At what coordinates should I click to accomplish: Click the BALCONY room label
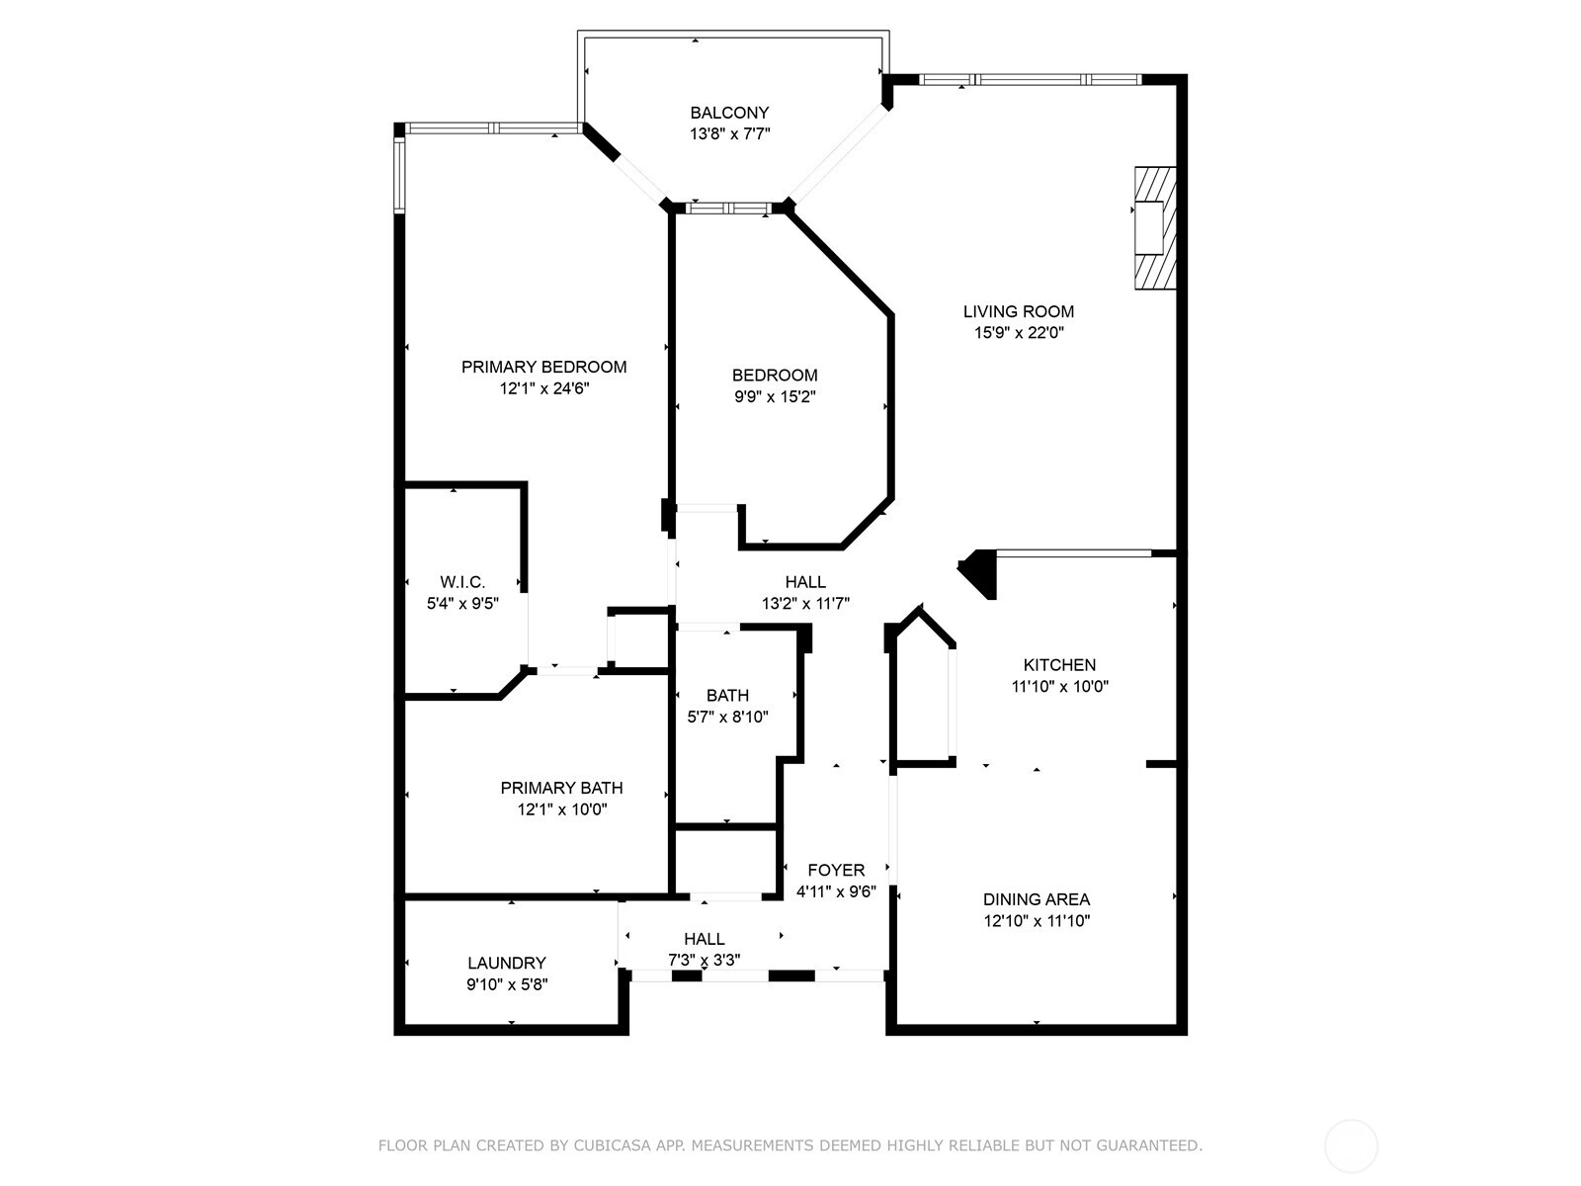pos(729,113)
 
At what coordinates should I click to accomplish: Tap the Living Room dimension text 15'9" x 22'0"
pos(1018,333)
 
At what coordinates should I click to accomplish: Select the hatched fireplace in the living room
pos(1155,228)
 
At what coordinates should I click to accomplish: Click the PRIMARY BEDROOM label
pos(543,367)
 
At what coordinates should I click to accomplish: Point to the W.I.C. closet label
pos(462,582)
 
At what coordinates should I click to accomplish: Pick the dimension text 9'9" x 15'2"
pos(775,397)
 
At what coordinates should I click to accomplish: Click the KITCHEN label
pos(1059,665)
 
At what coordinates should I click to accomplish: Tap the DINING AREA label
pos(1036,899)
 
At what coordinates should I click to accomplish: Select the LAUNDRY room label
pos(506,963)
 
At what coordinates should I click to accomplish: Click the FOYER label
pos(836,870)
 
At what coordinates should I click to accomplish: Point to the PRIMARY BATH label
pos(561,788)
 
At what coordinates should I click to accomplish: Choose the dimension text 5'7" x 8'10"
pos(727,718)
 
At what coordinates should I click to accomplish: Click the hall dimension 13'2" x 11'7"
pos(805,604)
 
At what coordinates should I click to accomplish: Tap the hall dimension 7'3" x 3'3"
pos(704,960)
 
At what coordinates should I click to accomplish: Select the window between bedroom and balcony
pos(728,208)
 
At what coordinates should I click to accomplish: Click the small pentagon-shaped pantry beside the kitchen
pos(923,692)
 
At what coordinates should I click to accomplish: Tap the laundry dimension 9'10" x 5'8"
pos(506,984)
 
